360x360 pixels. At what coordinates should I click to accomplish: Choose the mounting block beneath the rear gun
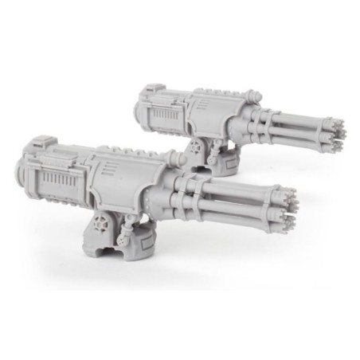click(x=226, y=158)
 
